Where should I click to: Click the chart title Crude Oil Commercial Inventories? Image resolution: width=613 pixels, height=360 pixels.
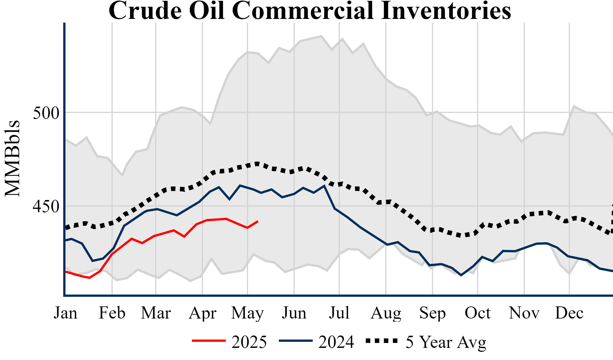pyautogui.click(x=310, y=11)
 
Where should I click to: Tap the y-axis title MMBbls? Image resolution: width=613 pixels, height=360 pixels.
pyautogui.click(x=12, y=158)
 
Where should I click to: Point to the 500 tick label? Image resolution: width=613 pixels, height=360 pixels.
pyautogui.click(x=46, y=113)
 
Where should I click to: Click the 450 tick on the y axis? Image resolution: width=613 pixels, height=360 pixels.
pyautogui.click(x=46, y=207)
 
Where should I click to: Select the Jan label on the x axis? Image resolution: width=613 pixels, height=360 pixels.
pyautogui.click(x=65, y=313)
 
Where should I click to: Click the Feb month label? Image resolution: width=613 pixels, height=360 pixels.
pyautogui.click(x=112, y=313)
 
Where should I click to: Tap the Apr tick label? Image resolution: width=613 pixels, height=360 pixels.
pyautogui.click(x=203, y=313)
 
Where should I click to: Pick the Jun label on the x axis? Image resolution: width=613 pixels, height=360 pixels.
pyautogui.click(x=294, y=313)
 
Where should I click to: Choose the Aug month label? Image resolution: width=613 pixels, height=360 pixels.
pyautogui.click(x=386, y=313)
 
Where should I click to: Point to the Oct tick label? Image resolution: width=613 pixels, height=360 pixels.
pyautogui.click(x=478, y=313)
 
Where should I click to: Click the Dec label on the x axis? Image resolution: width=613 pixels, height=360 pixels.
pyautogui.click(x=569, y=313)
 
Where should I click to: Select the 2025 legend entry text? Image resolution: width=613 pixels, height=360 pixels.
pyautogui.click(x=249, y=342)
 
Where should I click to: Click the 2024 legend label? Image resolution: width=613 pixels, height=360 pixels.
pyautogui.click(x=336, y=342)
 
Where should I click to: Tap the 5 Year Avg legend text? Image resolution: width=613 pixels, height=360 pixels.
pyautogui.click(x=446, y=342)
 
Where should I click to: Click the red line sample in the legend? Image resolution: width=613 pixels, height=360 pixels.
pyautogui.click(x=209, y=341)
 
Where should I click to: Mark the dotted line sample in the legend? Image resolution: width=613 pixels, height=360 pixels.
pyautogui.click(x=382, y=341)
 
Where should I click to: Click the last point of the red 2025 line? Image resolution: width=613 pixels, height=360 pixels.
pyautogui.click(x=258, y=221)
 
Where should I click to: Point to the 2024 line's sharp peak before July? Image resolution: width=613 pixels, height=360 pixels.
pyautogui.click(x=324, y=186)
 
